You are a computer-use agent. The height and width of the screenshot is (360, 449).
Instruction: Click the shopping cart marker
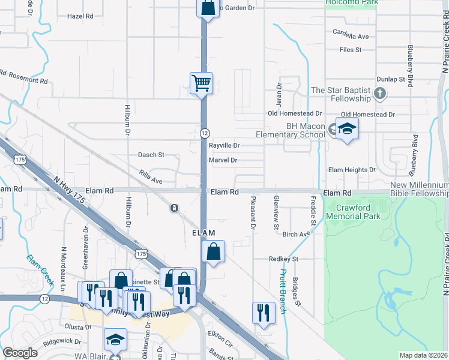click(x=201, y=83)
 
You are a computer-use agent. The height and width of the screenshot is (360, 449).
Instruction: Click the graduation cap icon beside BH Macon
click(x=346, y=129)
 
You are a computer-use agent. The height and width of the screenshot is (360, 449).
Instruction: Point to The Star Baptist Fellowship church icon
click(x=379, y=94)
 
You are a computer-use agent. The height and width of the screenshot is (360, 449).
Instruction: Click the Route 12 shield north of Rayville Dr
click(x=205, y=133)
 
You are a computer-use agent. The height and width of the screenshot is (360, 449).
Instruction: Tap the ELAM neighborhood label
click(x=203, y=232)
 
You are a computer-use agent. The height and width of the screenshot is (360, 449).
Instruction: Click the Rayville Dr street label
click(x=224, y=145)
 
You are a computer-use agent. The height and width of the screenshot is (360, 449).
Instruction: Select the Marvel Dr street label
click(x=223, y=160)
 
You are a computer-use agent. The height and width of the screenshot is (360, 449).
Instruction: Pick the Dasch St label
click(x=151, y=155)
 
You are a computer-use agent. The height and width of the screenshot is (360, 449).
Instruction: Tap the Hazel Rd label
click(x=81, y=16)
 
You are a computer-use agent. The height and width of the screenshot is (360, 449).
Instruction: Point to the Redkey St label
click(x=283, y=259)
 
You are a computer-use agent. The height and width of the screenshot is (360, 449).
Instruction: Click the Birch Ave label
click(x=295, y=235)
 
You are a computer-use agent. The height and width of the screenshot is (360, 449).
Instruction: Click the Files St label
click(x=351, y=50)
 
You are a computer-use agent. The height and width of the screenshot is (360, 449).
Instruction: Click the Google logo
click(x=20, y=353)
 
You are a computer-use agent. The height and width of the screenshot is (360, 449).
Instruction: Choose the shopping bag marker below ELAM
click(x=214, y=251)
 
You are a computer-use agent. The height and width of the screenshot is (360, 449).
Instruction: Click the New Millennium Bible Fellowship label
click(x=419, y=190)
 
